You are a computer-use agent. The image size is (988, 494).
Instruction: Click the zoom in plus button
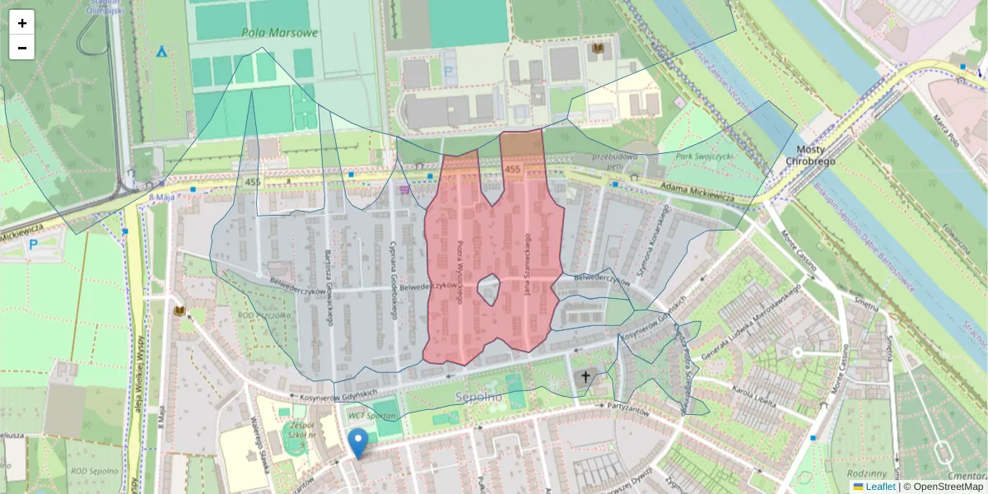point(22,23)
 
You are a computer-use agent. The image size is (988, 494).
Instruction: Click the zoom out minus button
point(22,48)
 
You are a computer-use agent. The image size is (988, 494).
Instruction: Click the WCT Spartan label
point(371,416)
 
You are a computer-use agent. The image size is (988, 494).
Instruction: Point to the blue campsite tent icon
point(161,51)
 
